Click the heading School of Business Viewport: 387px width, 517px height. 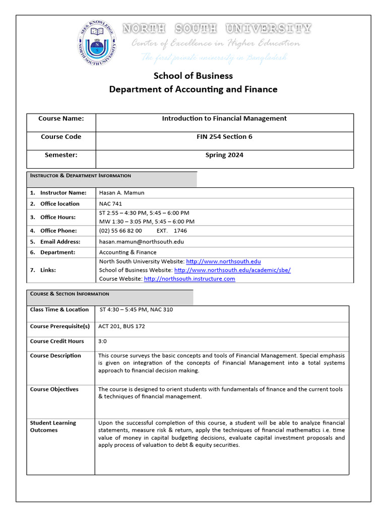coord(193,76)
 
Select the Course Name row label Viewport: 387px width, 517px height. coord(61,119)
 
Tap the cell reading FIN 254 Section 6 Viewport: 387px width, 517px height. coord(224,137)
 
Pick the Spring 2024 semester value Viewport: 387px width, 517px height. coord(224,155)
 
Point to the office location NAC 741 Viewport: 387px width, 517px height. coord(111,204)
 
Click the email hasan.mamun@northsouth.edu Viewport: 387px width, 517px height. coord(141,242)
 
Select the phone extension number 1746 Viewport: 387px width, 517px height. coord(180,231)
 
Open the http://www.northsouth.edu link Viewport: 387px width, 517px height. coord(223,262)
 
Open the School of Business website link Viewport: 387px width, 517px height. coord(232,270)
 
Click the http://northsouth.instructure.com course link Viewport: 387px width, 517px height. coord(189,279)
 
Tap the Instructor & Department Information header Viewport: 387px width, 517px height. coord(81,176)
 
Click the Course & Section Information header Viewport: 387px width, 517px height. coord(70,294)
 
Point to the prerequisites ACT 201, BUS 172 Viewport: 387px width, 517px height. coord(121,327)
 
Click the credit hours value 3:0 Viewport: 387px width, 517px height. coord(102,342)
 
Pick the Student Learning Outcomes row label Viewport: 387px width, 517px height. coord(53,427)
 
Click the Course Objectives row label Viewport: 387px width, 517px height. coord(54,389)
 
